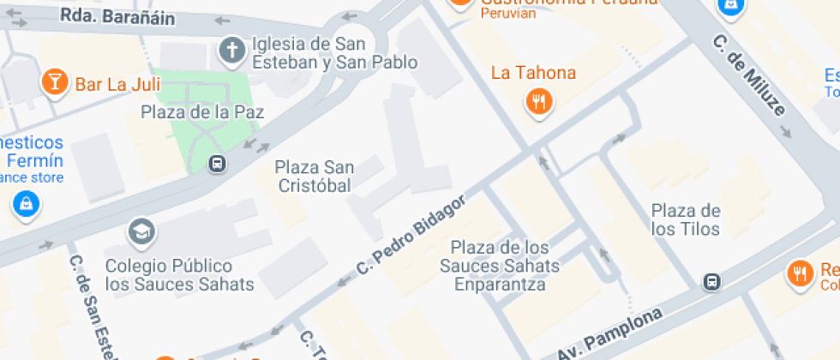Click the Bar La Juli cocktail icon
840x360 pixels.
pos(54,82)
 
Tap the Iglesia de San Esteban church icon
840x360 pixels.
pos(231,51)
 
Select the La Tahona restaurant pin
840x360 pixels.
pos(538,103)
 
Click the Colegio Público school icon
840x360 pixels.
pos(140,231)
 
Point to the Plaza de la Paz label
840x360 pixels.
pos(202,112)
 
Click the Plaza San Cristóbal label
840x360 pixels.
pos(313,176)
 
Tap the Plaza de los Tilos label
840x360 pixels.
pos(685,219)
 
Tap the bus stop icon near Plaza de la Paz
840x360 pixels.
pos(218,163)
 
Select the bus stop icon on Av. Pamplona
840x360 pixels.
pos(711,281)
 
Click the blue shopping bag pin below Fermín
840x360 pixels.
pos(27,204)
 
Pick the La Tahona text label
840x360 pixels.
pos(533,73)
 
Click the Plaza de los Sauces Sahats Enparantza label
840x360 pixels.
pos(499,266)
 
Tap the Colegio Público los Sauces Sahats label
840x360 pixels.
pos(180,275)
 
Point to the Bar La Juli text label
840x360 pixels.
pos(116,84)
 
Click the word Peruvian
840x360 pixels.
pos(508,13)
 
